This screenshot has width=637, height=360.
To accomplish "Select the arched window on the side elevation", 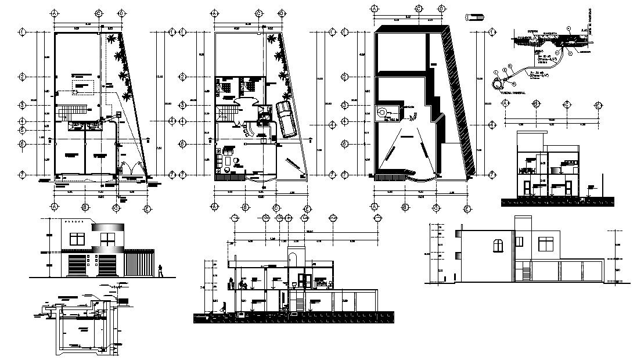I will tap(498, 245).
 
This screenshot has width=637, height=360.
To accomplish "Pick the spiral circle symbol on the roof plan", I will tap(383, 111).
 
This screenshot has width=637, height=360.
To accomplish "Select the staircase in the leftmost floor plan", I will tap(73, 111).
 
